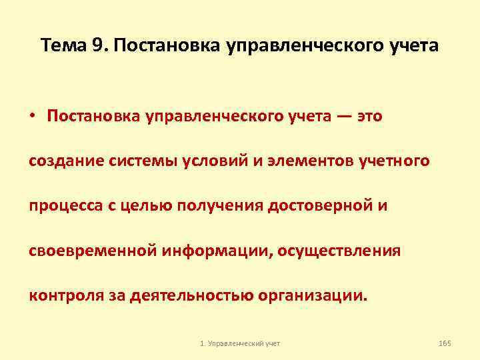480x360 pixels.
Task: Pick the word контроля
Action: [61, 295]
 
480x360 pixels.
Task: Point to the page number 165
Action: [445, 343]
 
